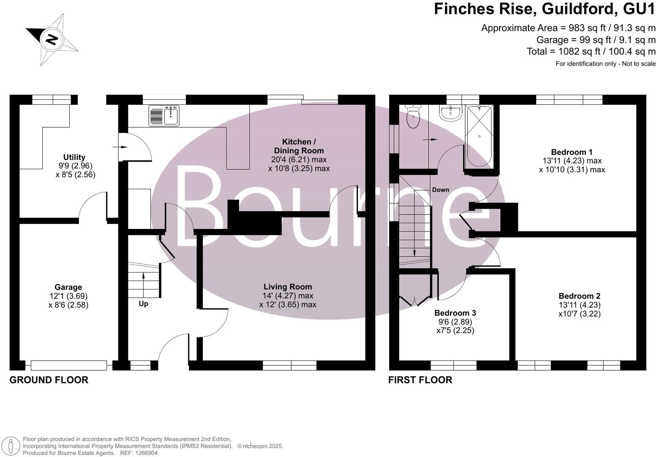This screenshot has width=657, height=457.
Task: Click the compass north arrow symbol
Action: tap(52, 40)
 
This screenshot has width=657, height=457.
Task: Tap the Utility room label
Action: tap(74, 157)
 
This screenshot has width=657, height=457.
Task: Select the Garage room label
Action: tap(68, 287)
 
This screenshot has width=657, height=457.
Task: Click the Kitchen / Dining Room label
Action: tap(299, 146)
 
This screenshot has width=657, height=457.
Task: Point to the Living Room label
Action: tap(288, 287)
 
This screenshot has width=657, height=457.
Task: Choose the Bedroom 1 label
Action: tap(572, 152)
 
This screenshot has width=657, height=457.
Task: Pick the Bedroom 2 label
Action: tap(579, 296)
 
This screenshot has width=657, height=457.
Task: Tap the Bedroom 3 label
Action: tap(455, 313)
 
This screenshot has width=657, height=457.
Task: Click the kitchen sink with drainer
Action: tap(164, 116)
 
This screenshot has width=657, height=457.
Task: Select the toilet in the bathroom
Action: tap(412, 116)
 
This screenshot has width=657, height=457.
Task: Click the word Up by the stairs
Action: tap(143, 304)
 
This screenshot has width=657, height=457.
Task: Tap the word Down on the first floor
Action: tap(440, 190)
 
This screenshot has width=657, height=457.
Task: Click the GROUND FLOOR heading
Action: tap(49, 380)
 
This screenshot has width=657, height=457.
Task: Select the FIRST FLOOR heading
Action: tap(420, 380)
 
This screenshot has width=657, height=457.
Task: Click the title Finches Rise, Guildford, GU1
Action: tap(545, 9)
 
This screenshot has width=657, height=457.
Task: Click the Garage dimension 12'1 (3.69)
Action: tap(68, 296)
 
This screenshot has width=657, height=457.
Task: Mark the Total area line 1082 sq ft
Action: tap(591, 52)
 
